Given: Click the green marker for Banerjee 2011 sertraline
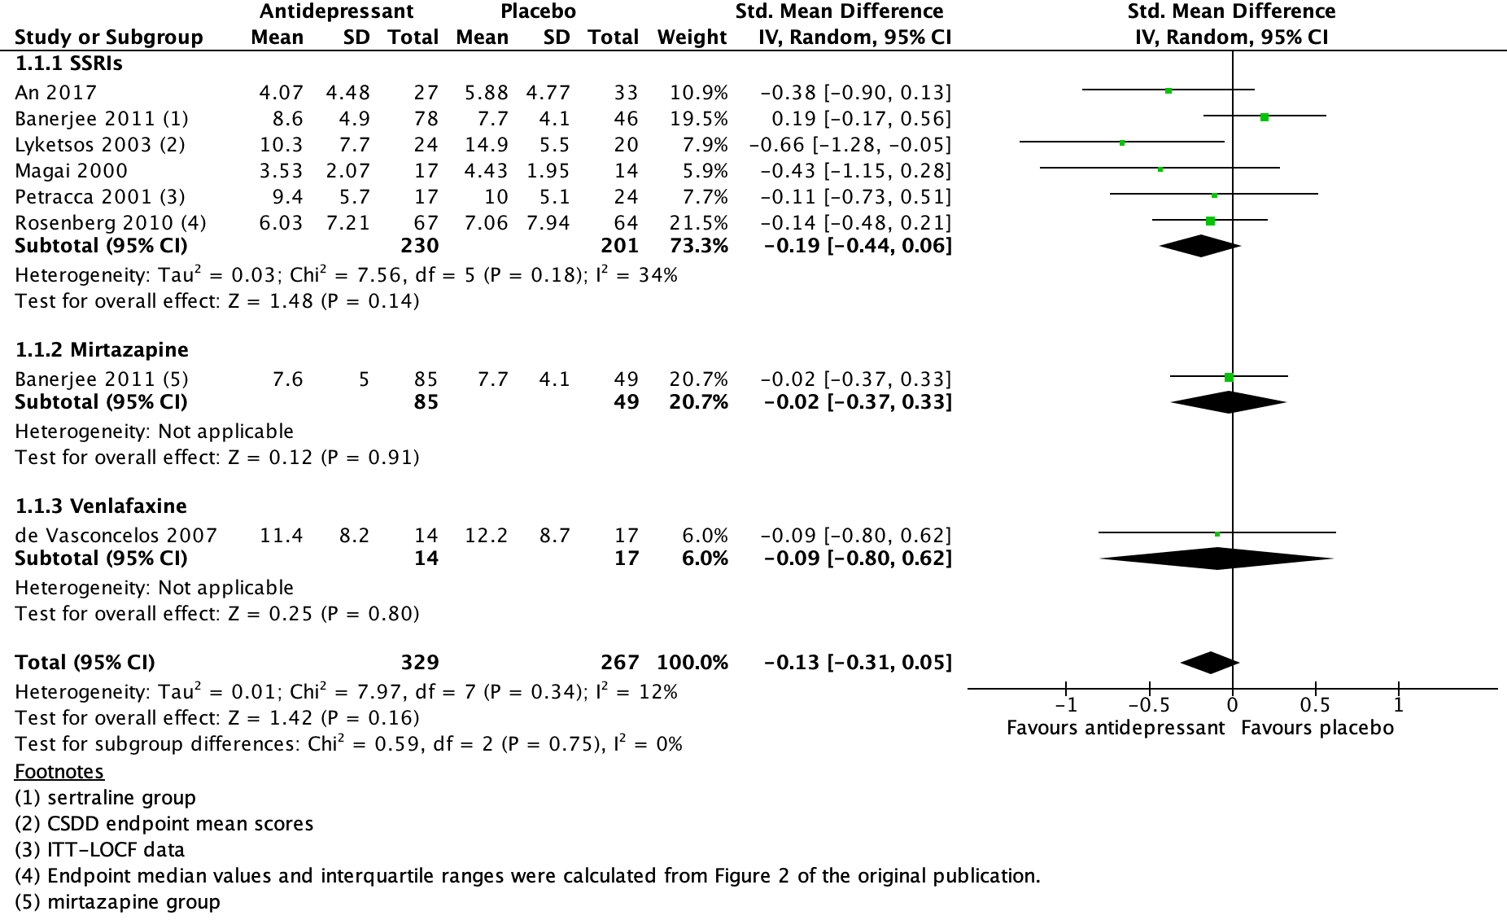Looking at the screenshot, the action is click(1265, 117).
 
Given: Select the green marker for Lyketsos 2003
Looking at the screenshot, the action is click(1122, 143).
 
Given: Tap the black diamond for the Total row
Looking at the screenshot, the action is click(1210, 663).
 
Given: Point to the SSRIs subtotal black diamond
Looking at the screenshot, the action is click(1200, 246).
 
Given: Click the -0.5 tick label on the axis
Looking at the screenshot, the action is click(1148, 705).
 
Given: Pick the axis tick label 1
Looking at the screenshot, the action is click(1399, 705).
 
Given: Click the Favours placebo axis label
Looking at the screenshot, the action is click(1317, 728).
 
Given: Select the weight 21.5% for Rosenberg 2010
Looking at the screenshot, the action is click(698, 223).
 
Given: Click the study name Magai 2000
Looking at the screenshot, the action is click(72, 171).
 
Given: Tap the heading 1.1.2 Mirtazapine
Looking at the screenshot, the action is click(102, 350).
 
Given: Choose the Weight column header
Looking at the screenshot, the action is click(692, 37).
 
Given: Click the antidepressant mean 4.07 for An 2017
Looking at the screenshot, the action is click(282, 93).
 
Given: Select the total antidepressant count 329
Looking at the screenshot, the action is click(420, 663).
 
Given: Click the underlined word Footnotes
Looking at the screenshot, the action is click(59, 772).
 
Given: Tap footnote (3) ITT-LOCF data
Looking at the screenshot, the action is click(99, 850).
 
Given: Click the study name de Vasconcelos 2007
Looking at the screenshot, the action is click(116, 536).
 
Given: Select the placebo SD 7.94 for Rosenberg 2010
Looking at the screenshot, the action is click(548, 223).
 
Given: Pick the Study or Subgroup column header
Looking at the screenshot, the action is click(109, 37).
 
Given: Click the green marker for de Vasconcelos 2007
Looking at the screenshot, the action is click(1217, 534).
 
